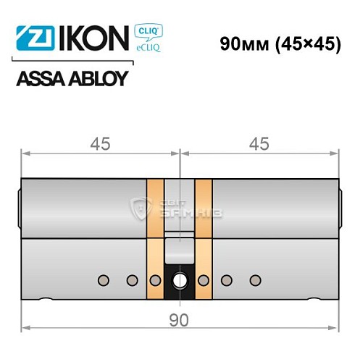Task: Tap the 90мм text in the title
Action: pos(244,44)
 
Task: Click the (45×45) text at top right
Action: pos(306,44)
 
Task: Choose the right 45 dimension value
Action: pos(258,143)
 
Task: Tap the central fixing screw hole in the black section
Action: pos(178,279)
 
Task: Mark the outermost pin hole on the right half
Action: pos(253,279)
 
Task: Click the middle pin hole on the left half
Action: pos(131,279)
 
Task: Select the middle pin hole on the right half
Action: pos(227,279)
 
